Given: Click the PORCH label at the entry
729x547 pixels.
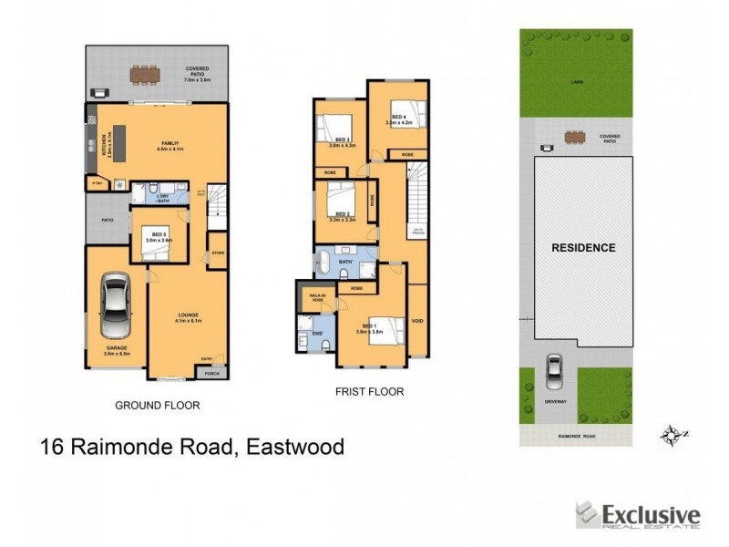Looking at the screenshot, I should pyautogui.click(x=212, y=373).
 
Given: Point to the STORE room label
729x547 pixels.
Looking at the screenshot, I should pyautogui.click(x=217, y=253).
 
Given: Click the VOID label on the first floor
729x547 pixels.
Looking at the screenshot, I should pyautogui.click(x=416, y=321).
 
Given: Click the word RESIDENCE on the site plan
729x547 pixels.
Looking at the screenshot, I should pyautogui.click(x=582, y=247).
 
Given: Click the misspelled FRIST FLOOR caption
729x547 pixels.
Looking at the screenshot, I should pyautogui.click(x=368, y=392).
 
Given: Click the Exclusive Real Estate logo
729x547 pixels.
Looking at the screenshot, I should pyautogui.click(x=637, y=517).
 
